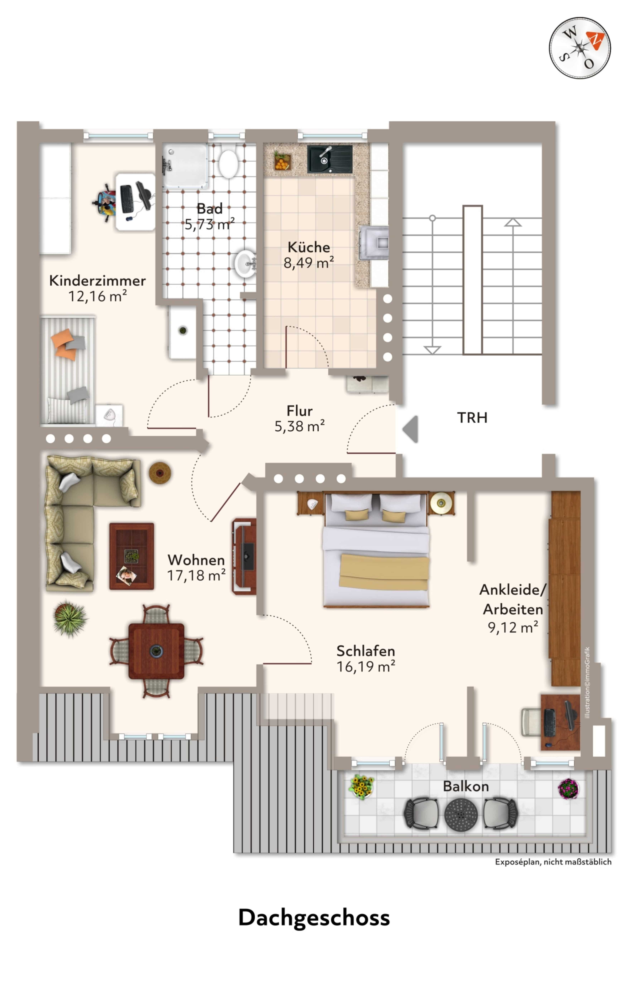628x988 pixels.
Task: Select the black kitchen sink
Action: (x=329, y=159)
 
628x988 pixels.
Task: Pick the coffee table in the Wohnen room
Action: (x=131, y=556)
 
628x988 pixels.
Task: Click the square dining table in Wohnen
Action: (x=156, y=651)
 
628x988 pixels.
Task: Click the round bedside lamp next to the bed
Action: (x=441, y=503)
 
